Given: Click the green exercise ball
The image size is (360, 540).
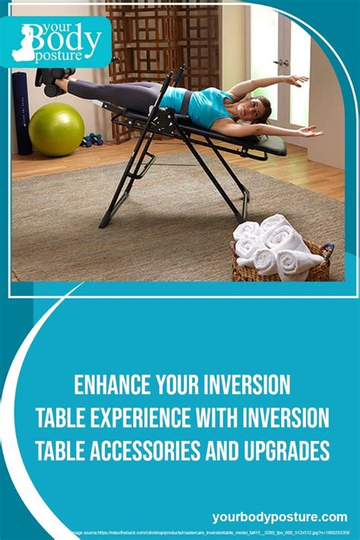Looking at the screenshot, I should point(56,129).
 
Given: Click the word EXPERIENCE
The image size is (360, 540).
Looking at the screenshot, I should point(152,418).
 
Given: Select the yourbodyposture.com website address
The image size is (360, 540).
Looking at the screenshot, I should point(281,516).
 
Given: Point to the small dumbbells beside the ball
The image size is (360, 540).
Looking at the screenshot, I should point(93,139).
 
